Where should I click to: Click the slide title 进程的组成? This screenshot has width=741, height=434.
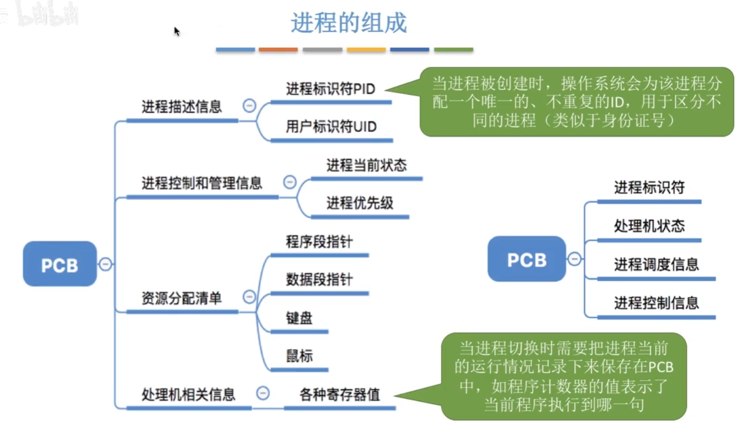349,23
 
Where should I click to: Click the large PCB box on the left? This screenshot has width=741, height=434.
59,264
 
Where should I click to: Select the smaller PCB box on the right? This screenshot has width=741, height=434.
527,259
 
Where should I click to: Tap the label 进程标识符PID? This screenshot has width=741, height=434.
330,89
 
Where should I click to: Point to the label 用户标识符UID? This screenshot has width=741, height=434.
331,126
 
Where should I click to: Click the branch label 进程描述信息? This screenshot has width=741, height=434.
182,107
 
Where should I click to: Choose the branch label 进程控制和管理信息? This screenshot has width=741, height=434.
202,183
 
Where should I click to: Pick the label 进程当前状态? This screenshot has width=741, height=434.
366,165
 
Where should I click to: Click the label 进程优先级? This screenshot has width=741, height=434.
359,203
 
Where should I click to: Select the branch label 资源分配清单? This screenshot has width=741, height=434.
182,298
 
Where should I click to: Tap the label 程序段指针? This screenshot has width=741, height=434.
319,241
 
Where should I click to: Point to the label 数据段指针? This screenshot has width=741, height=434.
319,279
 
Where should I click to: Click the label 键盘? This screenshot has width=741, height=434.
299,318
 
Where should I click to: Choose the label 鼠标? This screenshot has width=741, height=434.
299,356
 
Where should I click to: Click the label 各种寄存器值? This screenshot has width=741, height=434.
339,394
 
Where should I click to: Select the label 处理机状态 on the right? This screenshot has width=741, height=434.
649,225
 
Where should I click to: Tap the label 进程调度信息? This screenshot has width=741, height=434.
656,264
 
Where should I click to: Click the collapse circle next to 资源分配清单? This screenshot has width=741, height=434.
249,297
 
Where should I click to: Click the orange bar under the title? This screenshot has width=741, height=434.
278,50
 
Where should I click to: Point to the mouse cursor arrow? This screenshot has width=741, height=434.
176,31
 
